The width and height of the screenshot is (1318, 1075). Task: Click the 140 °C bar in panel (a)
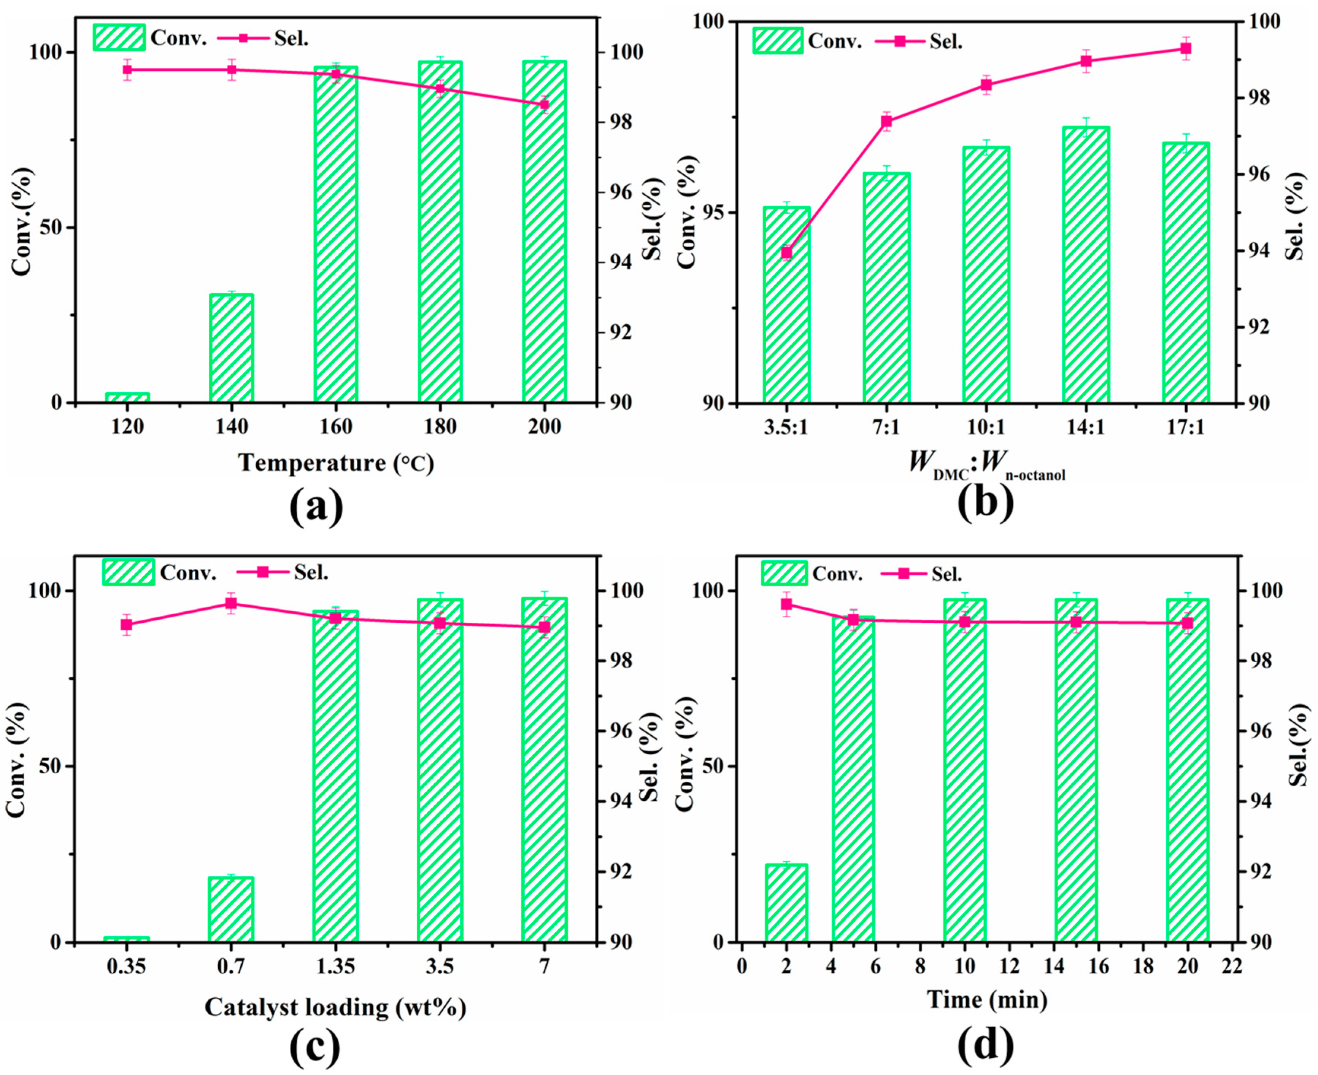click(x=232, y=348)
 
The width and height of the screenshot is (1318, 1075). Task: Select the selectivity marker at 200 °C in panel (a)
click(x=544, y=104)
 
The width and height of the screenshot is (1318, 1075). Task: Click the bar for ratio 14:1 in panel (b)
click(x=1086, y=265)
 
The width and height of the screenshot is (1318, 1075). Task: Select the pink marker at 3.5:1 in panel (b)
click(x=786, y=253)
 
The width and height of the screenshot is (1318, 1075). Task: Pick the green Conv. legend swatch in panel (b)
click(x=778, y=41)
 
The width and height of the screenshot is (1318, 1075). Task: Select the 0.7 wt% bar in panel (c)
click(x=231, y=910)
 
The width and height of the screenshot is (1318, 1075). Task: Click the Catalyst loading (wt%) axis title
click(x=335, y=1008)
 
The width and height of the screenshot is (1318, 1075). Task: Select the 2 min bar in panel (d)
click(x=786, y=903)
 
